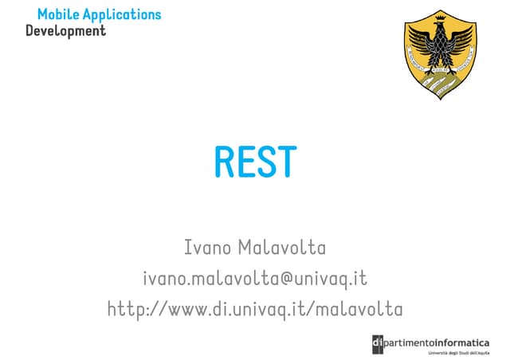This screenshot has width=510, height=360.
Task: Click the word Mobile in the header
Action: (56, 14)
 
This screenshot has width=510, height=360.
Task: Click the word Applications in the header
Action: (119, 15)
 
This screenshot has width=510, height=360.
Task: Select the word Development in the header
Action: (65, 31)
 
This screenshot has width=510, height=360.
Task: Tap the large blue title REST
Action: (255, 162)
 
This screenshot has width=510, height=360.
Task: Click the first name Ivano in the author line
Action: (208, 248)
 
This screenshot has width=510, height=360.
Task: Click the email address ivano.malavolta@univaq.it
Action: (255, 278)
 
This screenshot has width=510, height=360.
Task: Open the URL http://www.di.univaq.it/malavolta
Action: (255, 308)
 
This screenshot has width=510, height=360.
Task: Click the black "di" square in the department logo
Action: (378, 343)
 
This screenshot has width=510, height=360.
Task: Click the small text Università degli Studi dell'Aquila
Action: (458, 352)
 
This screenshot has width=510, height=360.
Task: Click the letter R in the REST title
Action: (225, 162)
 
